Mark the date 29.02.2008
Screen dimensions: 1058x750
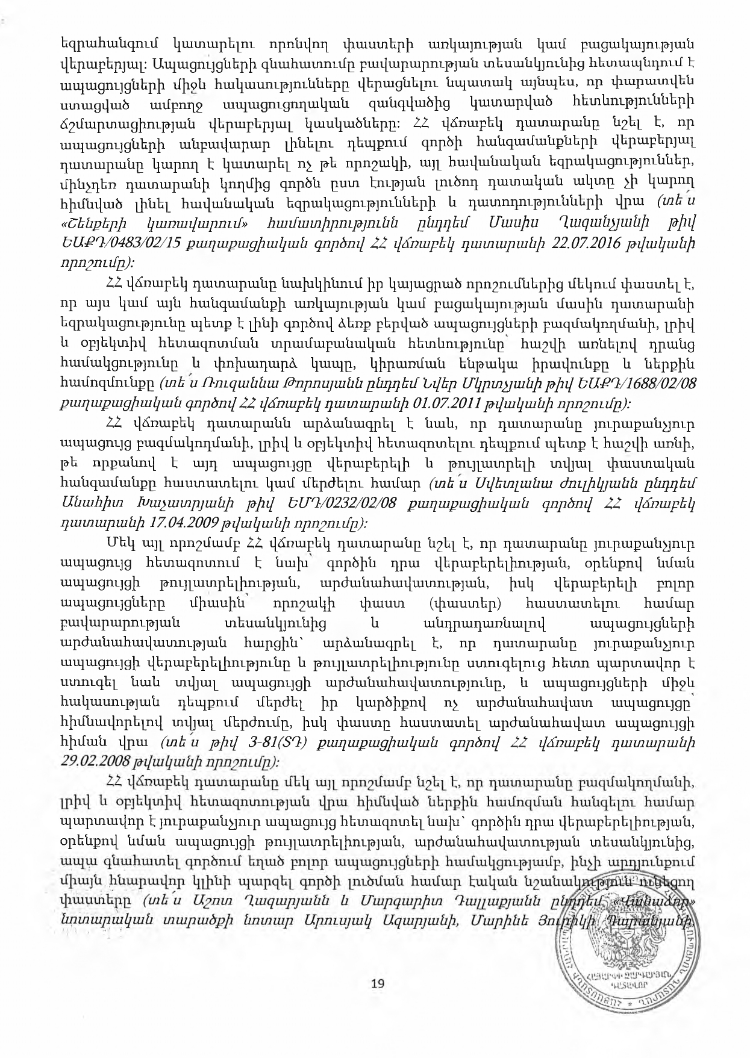94,761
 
